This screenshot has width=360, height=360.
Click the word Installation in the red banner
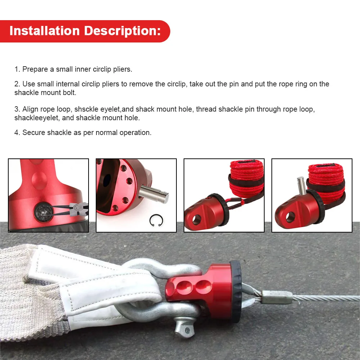click(45, 31)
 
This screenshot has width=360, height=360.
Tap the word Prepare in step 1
click(35, 69)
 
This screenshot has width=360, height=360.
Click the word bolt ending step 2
click(70, 93)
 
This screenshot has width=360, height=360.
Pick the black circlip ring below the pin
click(156, 220)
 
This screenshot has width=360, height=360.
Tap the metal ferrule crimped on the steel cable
click(277, 297)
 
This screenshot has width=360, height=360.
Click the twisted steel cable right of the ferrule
click(326, 298)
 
